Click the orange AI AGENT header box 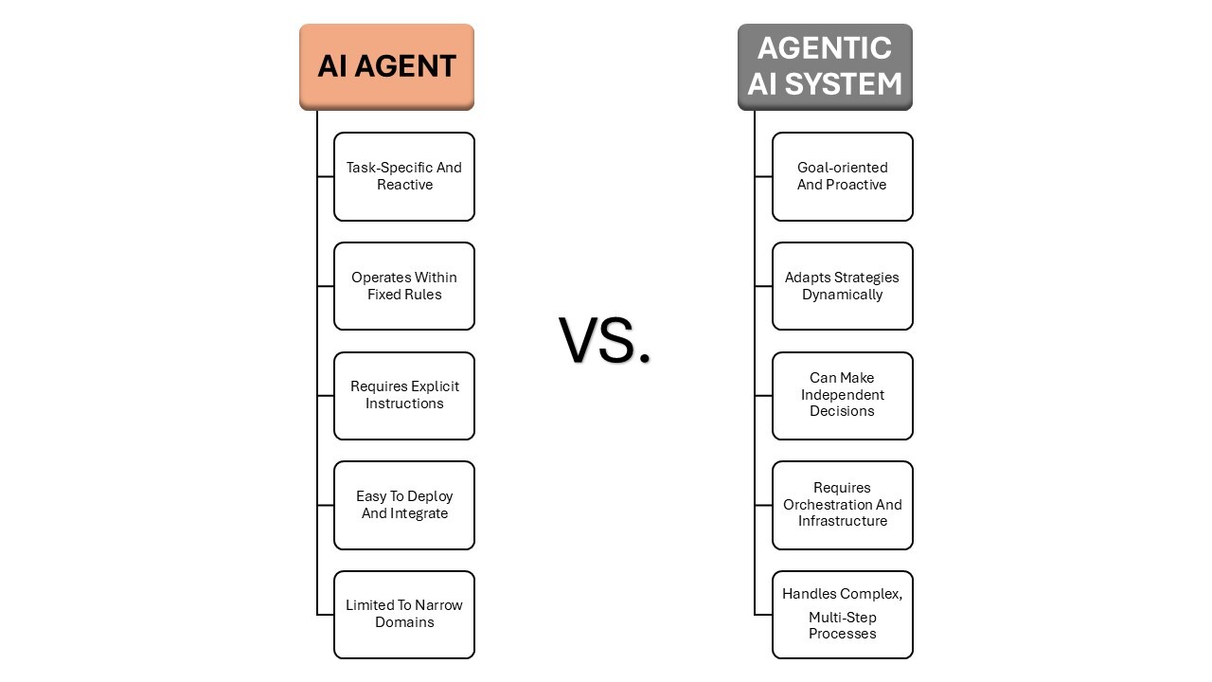click(386, 66)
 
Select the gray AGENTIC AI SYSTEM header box click(825, 66)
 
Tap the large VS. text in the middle click(605, 340)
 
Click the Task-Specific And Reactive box click(404, 176)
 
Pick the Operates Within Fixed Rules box click(404, 286)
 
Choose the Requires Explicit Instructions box click(404, 395)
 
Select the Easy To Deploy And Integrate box click(404, 505)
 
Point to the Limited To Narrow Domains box click(404, 614)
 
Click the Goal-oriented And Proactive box click(842, 176)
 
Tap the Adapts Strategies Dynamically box click(842, 286)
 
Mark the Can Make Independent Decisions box click(842, 395)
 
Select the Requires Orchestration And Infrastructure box click(842, 505)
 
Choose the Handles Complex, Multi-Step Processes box click(842, 614)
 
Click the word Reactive click(404, 185)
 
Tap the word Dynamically click(842, 295)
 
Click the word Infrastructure click(842, 521)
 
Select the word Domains click(404, 622)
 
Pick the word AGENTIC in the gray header click(825, 48)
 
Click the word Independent click(842, 395)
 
